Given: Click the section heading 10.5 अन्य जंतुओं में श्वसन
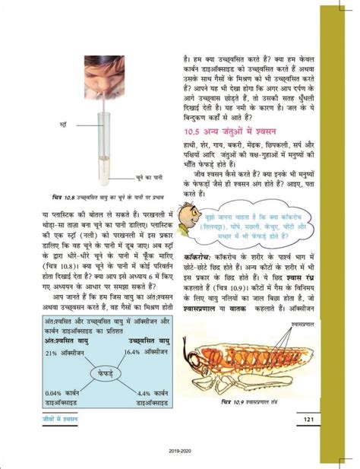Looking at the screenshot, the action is coord(231,133).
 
